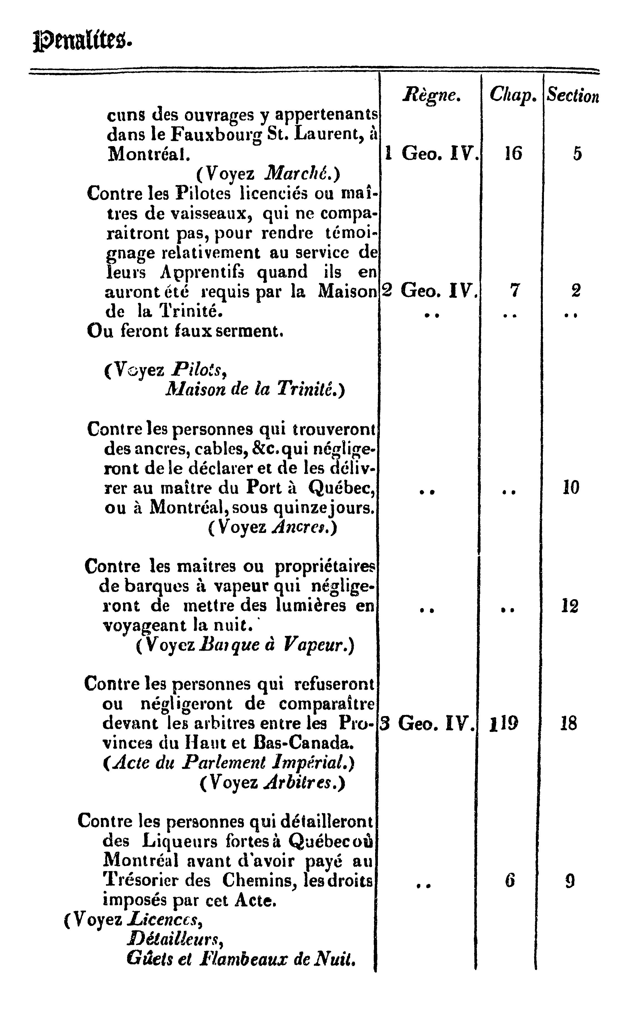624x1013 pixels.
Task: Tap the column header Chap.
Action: point(513,95)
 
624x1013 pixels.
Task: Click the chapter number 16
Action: point(513,154)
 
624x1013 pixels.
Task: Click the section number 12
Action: point(569,606)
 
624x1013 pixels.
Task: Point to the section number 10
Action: point(571,488)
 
